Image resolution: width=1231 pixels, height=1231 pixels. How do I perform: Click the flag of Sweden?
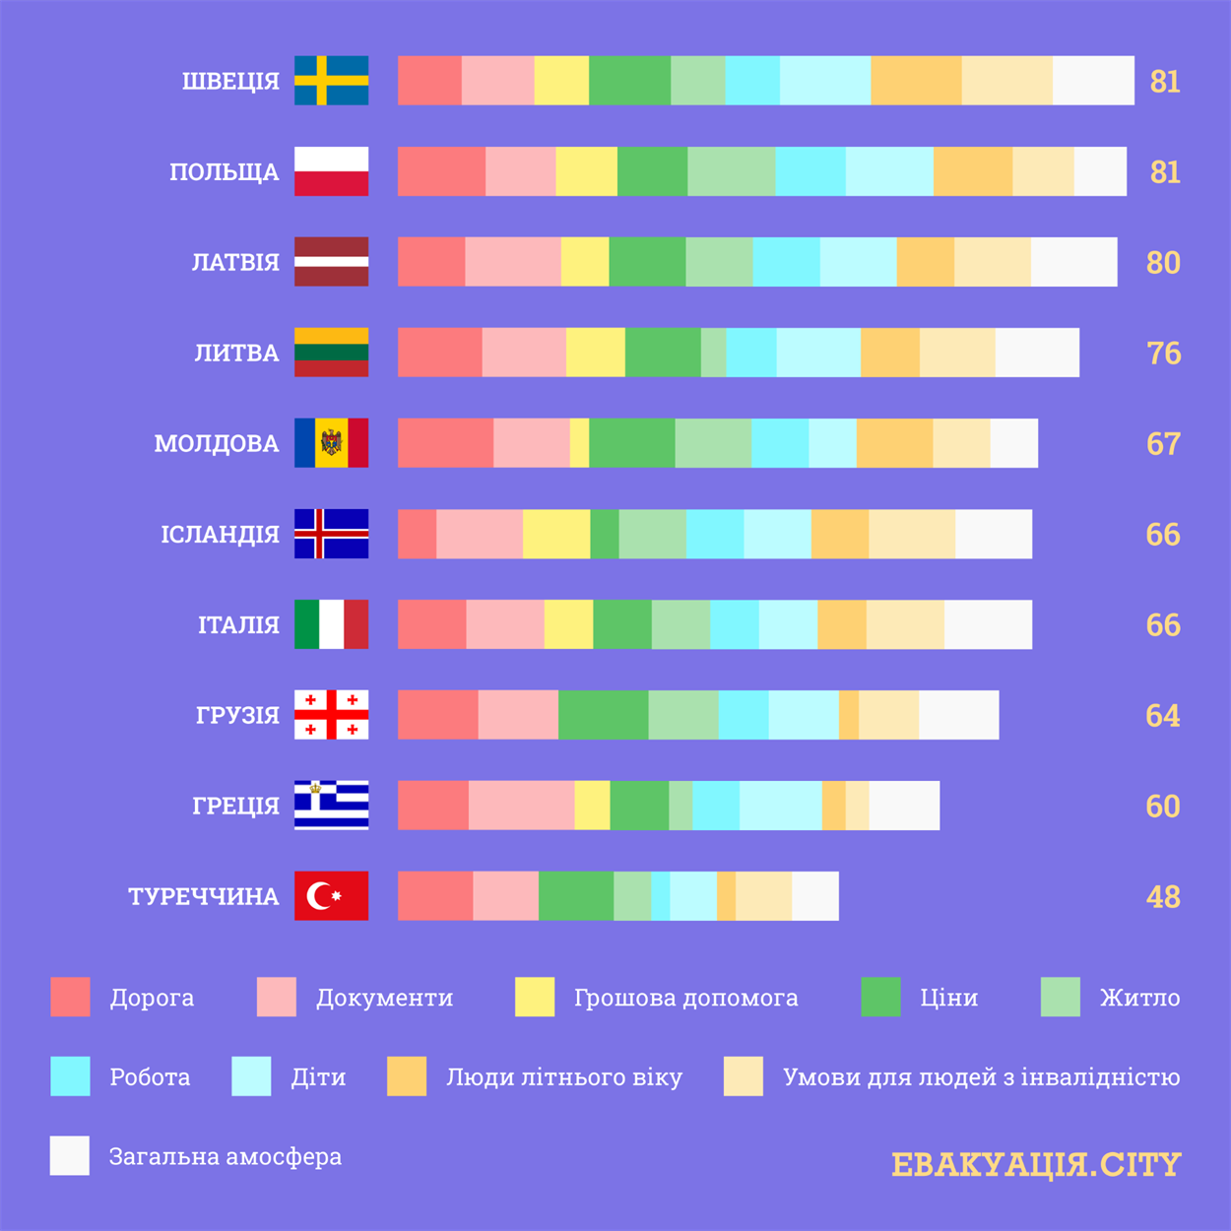tap(331, 81)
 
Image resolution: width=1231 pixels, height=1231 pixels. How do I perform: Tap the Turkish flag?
tap(331, 896)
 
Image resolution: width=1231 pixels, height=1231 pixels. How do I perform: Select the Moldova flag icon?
tap(331, 443)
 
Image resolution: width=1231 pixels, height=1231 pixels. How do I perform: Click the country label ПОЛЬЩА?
tap(225, 172)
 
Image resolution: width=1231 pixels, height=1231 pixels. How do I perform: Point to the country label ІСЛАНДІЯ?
tap(220, 535)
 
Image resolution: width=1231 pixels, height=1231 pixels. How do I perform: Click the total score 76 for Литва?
tap(1163, 353)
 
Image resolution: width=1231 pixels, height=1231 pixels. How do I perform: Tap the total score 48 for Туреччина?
tap(1163, 896)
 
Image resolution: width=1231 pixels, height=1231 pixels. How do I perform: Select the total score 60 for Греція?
tap(1163, 806)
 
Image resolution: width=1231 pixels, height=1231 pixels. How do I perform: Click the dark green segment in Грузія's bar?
tap(603, 715)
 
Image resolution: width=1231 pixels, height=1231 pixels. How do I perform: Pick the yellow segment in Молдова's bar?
tap(579, 443)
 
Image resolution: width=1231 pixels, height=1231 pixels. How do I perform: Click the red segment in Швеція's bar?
tap(429, 81)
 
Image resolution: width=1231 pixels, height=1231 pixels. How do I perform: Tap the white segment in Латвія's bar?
tap(1073, 262)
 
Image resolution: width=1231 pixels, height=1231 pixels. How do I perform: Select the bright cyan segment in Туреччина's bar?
tap(660, 896)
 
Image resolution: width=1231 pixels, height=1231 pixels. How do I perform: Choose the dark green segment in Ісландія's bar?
tap(604, 534)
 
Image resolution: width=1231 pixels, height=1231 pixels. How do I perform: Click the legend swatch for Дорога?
tap(70, 997)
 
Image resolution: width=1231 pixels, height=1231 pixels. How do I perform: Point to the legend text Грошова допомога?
tap(685, 998)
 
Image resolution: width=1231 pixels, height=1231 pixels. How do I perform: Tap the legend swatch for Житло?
tap(1060, 997)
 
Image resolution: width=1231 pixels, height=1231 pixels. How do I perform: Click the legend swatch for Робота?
tap(70, 1076)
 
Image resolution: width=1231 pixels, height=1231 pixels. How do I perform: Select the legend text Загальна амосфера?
tap(226, 1156)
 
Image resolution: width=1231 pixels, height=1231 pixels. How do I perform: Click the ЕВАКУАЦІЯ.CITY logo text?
tap(1035, 1165)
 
